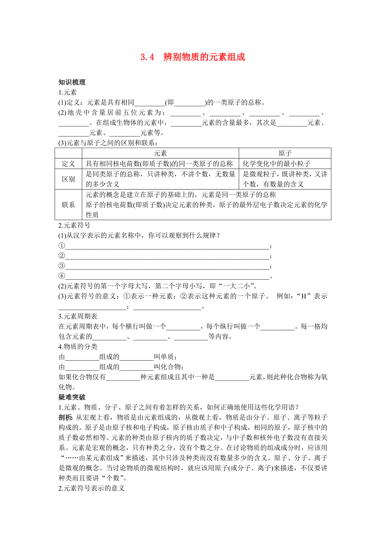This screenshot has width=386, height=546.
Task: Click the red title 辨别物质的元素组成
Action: (x=204, y=57)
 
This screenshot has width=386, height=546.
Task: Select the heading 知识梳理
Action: (x=72, y=83)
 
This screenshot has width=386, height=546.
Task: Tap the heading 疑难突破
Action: (x=72, y=397)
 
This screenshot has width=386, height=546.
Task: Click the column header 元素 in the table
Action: (x=160, y=153)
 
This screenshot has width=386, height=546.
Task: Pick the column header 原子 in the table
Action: (x=285, y=153)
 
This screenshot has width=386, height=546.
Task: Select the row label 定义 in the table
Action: (x=68, y=164)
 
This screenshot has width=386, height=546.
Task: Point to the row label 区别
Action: (x=68, y=179)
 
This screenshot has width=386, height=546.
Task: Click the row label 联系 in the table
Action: (x=68, y=205)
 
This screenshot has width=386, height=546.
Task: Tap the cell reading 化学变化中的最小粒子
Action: (x=276, y=164)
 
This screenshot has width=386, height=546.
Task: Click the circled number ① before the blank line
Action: (x=62, y=246)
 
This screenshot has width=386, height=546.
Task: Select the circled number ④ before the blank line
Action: (x=62, y=276)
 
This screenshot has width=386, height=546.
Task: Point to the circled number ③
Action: (x=62, y=266)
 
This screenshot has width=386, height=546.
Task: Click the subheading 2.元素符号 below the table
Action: (x=74, y=225)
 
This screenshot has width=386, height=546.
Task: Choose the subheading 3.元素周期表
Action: (x=78, y=316)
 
